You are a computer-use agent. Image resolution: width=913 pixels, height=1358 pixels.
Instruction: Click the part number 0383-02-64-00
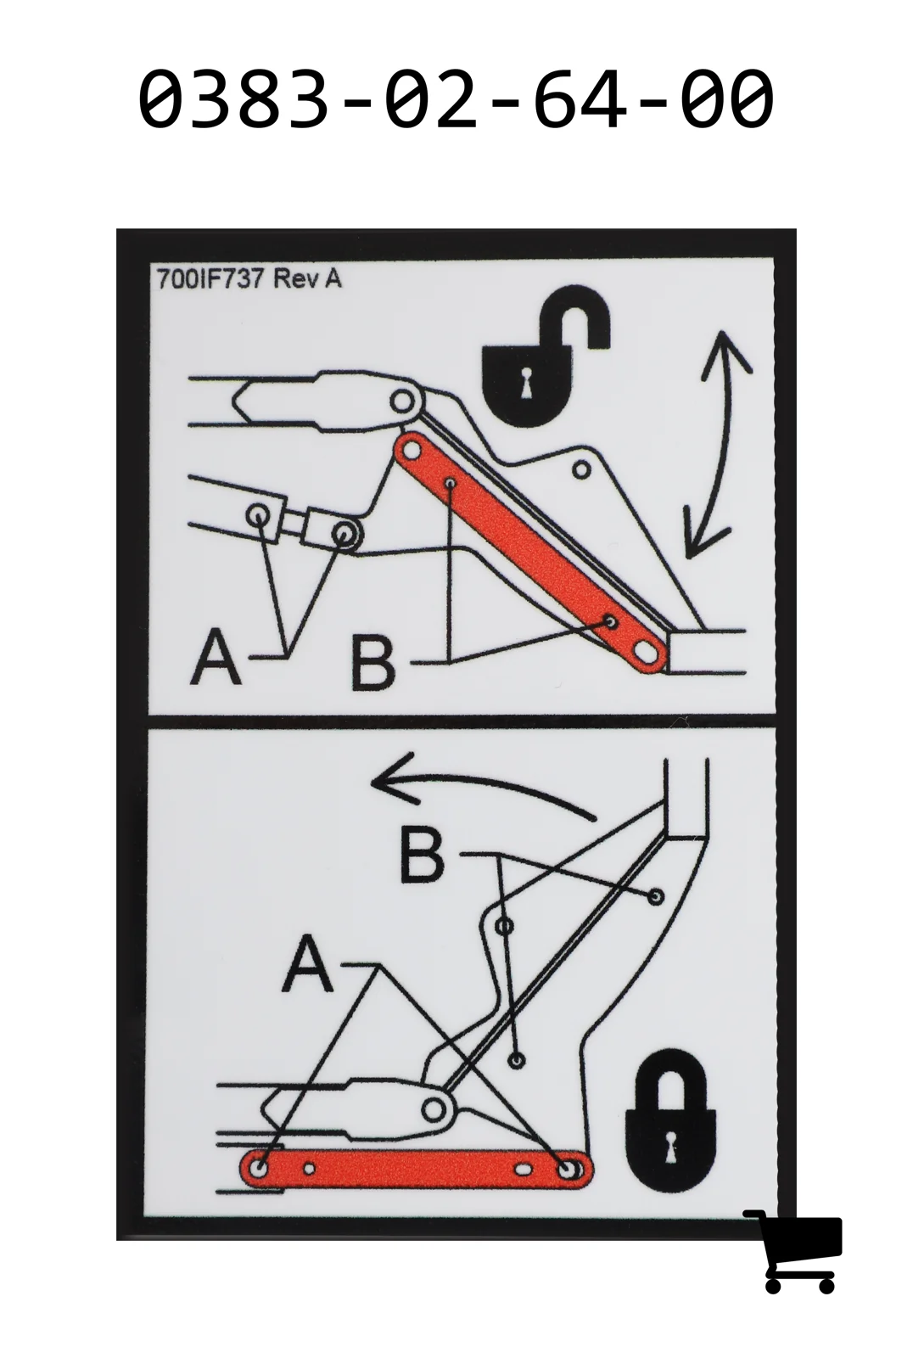point(456,98)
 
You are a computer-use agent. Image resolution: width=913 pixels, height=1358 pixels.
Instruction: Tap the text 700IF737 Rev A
point(249,279)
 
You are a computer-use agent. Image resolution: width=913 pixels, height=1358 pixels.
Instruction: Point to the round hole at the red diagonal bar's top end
point(412,452)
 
